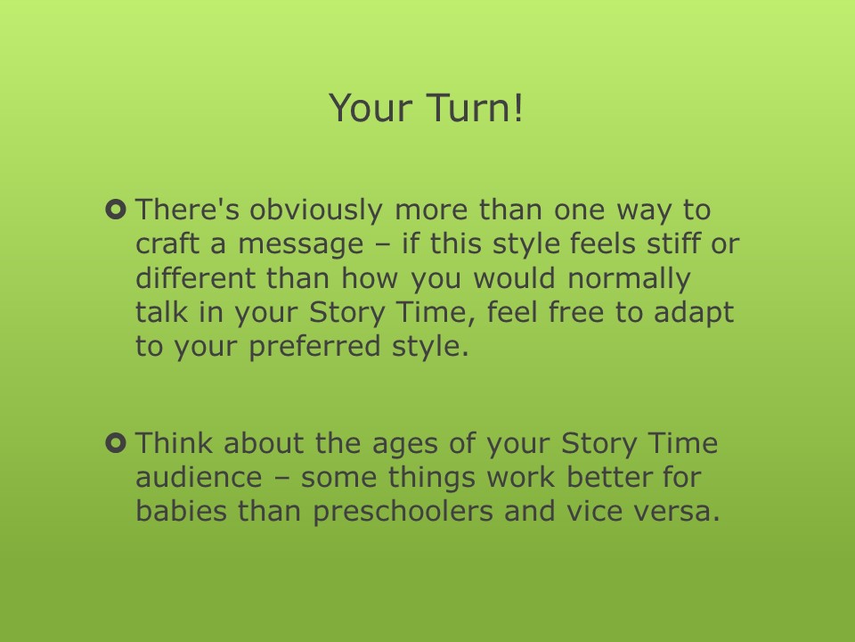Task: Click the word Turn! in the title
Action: [475, 108]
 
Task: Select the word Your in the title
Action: [370, 108]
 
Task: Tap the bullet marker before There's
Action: [116, 210]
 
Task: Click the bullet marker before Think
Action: [116, 443]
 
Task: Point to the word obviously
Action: [316, 210]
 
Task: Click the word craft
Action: [167, 243]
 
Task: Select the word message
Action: [300, 245]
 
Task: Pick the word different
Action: [195, 278]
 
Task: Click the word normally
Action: [630, 279]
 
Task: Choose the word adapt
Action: [694, 313]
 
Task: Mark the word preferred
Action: [314, 347]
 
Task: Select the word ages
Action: [405, 444]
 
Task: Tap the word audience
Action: [199, 476]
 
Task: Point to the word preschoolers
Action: [403, 512]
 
